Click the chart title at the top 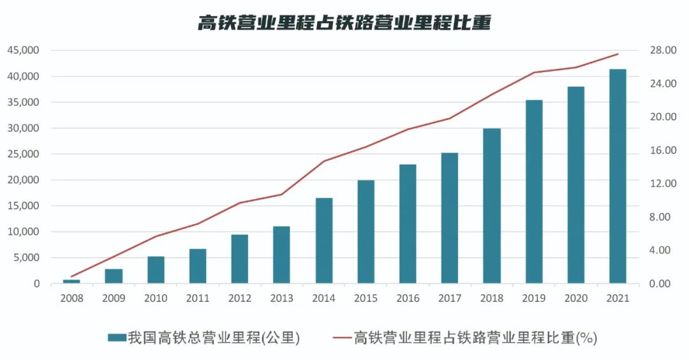tap(344, 23)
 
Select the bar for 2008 tap(71, 281)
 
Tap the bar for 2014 tap(324, 241)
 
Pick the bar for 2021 tap(618, 176)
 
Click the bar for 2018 tap(492, 206)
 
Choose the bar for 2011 tap(198, 266)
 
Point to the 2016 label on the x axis tap(408, 298)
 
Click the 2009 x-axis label tap(114, 298)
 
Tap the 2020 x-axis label tap(575, 298)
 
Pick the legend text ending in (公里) tap(213, 337)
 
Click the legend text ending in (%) tap(475, 337)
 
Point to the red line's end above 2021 tap(618, 54)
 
